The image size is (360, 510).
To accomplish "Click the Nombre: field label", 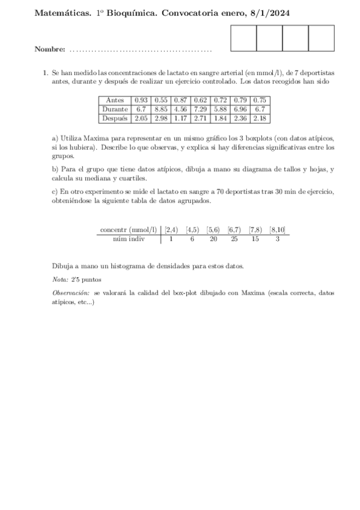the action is [50, 49].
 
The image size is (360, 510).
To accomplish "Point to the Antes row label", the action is [115, 100].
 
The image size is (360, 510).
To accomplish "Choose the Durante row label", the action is [115, 109].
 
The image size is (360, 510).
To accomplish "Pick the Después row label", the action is [115, 118].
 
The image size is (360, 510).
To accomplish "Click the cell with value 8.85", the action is [160, 109].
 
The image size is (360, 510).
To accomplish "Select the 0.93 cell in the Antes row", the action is [141, 100].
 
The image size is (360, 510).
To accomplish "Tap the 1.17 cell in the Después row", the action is [180, 118].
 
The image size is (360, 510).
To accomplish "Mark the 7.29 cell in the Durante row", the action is [200, 109].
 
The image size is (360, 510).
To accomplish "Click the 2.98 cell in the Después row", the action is [160, 118].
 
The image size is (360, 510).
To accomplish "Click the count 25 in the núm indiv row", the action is [234, 239].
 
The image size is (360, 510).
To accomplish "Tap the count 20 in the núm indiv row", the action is [213, 239].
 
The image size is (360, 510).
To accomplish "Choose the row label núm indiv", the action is [129, 239].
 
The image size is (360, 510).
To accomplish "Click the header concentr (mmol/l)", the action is [128, 229].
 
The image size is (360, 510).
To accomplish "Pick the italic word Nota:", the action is [60, 280].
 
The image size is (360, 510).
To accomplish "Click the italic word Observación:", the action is [69, 292].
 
